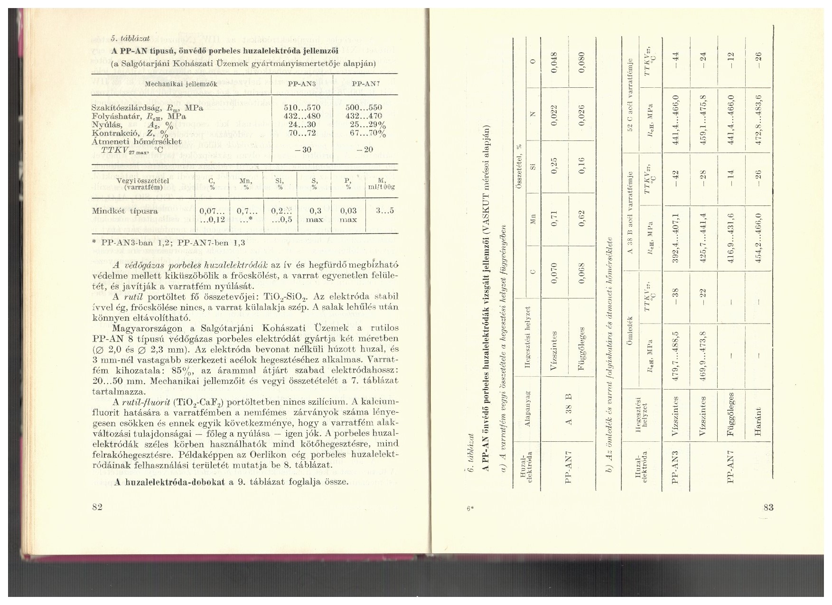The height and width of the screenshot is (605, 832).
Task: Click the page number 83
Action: click(769, 507)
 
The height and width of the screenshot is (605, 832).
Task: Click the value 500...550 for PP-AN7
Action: click(365, 107)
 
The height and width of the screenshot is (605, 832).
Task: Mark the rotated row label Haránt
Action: click(757, 423)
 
